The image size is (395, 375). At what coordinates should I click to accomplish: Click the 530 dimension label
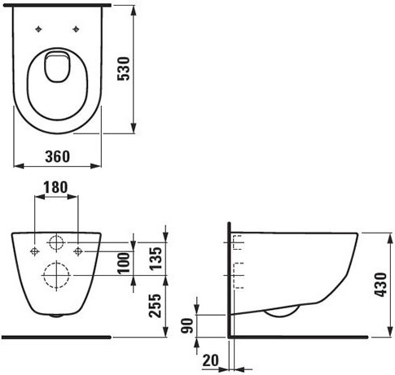[124, 68]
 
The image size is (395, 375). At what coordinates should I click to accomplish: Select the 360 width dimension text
[58, 156]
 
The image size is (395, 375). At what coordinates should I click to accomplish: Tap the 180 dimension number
[55, 187]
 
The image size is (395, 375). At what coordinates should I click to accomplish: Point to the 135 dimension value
[156, 258]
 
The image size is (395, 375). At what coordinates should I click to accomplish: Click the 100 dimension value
[124, 263]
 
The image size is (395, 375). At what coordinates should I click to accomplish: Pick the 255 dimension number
[156, 305]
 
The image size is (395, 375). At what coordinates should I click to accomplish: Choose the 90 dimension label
[187, 325]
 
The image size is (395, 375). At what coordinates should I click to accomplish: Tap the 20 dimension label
[211, 360]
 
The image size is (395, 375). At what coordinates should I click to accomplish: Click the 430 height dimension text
[380, 285]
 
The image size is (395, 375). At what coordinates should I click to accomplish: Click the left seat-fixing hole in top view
[38, 29]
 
